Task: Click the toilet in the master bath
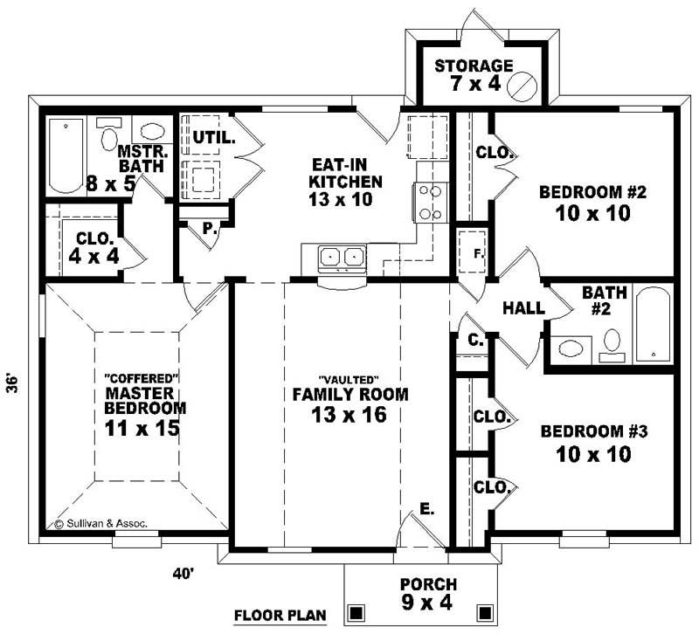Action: (x=109, y=136)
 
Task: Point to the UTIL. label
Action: (x=210, y=137)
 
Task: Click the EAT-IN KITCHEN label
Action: (x=347, y=182)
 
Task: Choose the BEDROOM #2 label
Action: (x=585, y=202)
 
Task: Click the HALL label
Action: (x=524, y=308)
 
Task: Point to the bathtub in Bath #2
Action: (x=652, y=325)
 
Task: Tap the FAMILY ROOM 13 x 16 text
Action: (x=349, y=403)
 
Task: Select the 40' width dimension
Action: (x=183, y=574)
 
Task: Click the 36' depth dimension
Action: (x=13, y=384)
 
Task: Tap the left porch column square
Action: (x=356, y=612)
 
